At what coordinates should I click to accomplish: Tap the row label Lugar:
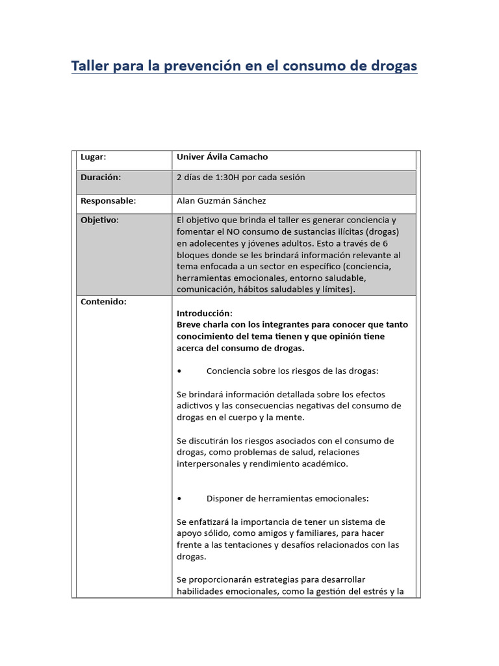[x=93, y=157]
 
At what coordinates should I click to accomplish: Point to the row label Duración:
[x=100, y=177]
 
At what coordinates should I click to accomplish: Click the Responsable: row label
[x=108, y=201]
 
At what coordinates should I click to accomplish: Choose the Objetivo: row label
[x=99, y=220]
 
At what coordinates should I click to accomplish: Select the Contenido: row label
[x=103, y=302]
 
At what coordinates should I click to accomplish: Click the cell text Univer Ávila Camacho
[x=222, y=157]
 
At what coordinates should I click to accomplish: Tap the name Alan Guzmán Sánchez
[x=221, y=201]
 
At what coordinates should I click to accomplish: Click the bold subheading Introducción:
[x=204, y=313]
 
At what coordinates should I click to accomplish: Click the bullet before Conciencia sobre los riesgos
[x=179, y=371]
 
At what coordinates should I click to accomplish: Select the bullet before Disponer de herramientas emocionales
[x=179, y=499]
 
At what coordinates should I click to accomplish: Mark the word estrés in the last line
[x=376, y=591]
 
